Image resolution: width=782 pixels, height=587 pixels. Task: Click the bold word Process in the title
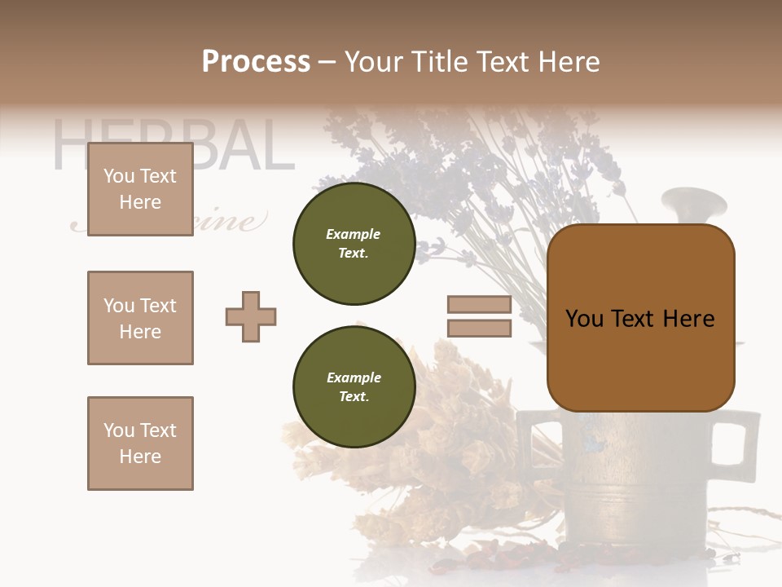click(256, 62)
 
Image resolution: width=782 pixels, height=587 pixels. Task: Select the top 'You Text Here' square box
click(140, 189)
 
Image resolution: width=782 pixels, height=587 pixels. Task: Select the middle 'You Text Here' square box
click(140, 318)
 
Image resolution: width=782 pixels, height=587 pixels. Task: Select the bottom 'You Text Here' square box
click(140, 443)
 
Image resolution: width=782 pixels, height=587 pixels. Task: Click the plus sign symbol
click(251, 316)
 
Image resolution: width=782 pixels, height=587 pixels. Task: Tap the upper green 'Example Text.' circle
click(354, 244)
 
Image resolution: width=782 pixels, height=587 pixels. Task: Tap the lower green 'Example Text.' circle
click(354, 387)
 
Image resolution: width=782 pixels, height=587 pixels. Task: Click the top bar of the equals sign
click(479, 305)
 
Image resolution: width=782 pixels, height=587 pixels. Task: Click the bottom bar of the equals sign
click(479, 329)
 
